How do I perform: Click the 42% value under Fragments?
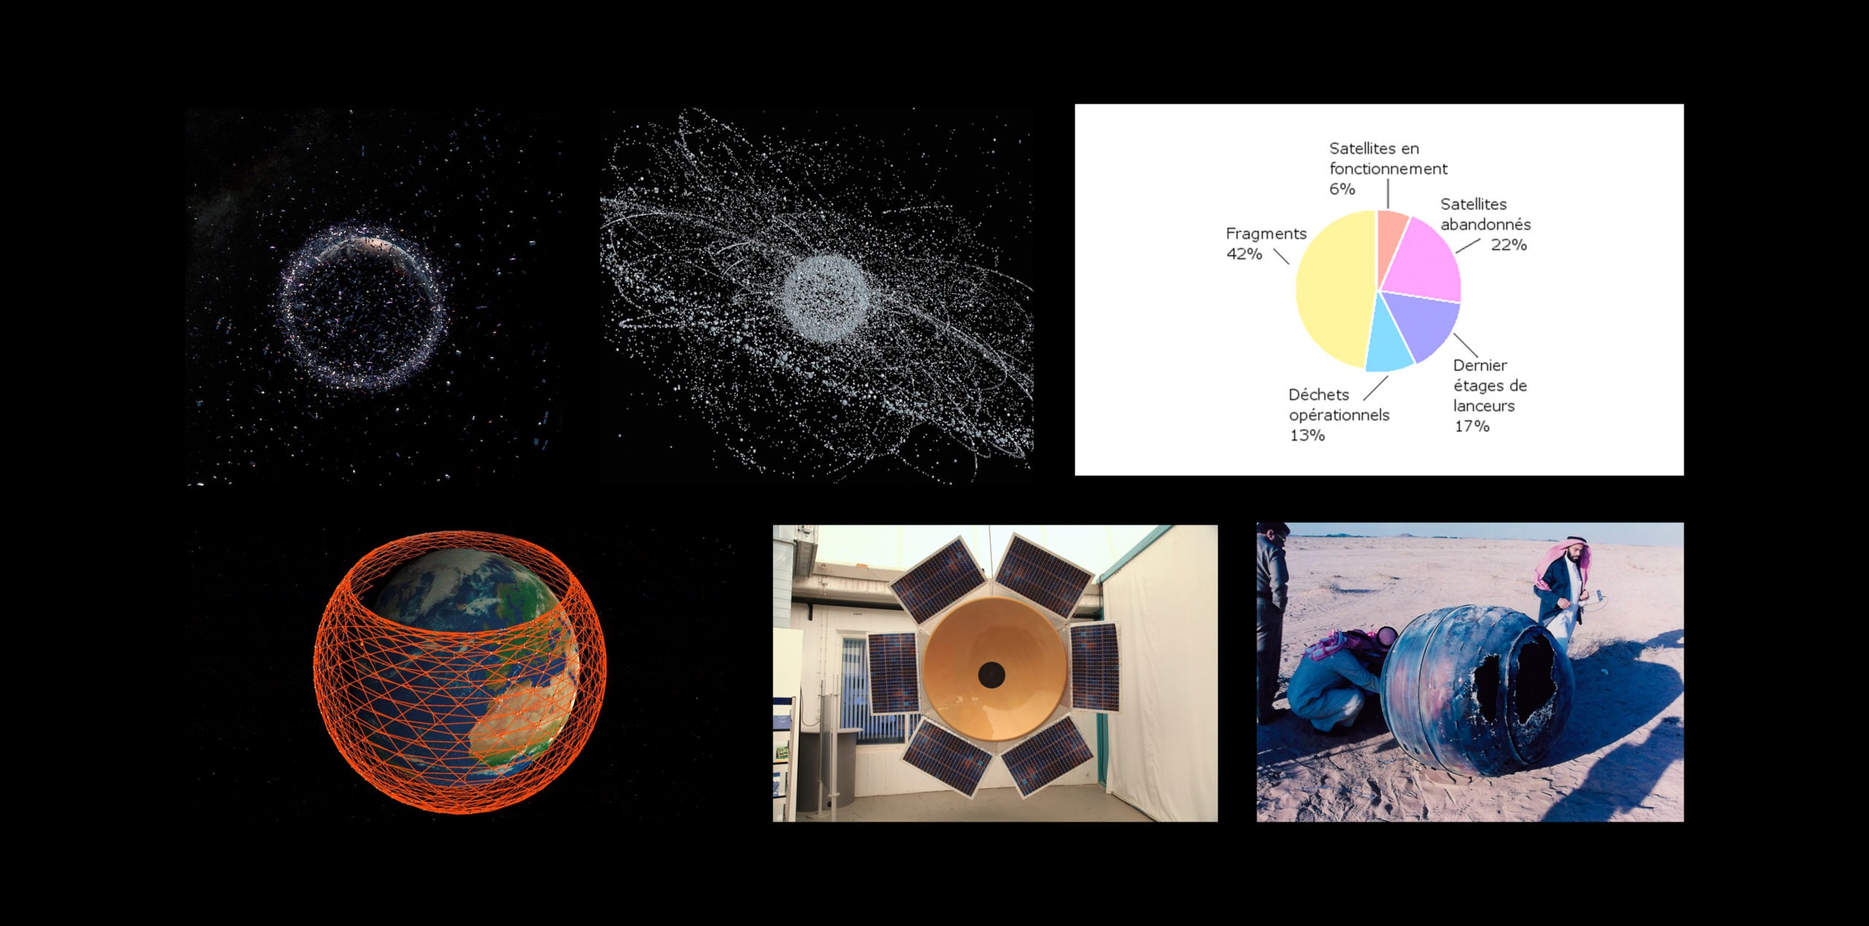click(x=1244, y=254)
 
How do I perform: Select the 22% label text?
click(x=1508, y=244)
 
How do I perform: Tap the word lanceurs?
click(x=1484, y=406)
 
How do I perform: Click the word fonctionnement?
click(x=1388, y=169)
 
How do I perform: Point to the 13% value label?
click(x=1307, y=436)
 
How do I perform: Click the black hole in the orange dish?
click(x=991, y=674)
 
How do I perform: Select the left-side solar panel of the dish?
click(x=893, y=672)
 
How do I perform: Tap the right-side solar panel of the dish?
click(x=1094, y=666)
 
